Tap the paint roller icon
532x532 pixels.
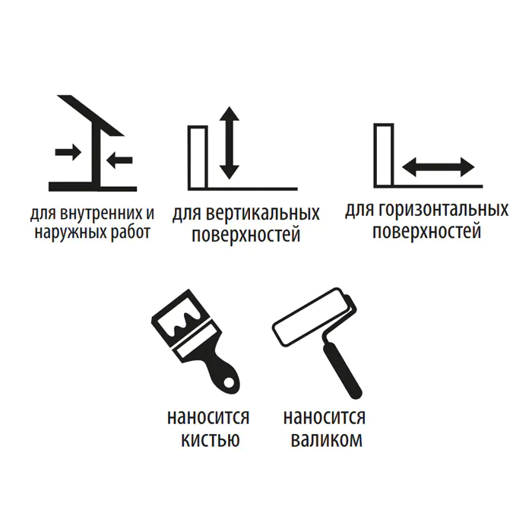[x=317, y=342]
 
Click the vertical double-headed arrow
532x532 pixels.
[x=230, y=143]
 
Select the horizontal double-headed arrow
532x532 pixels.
[x=438, y=167]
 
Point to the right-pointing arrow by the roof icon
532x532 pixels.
[x=68, y=152]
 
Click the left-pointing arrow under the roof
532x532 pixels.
[x=119, y=160]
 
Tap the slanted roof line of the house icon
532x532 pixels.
[x=90, y=116]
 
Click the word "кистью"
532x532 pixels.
[x=211, y=440]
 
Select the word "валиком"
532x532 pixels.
[x=327, y=440]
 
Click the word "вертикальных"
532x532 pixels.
[x=263, y=214]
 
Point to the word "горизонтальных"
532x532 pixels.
[x=443, y=209]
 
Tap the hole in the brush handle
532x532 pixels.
[x=230, y=382]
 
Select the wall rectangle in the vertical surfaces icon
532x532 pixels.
[x=198, y=157]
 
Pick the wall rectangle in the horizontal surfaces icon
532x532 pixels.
[x=384, y=155]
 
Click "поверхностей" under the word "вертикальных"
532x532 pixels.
[x=246, y=235]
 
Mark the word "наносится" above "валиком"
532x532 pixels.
[x=325, y=417]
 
